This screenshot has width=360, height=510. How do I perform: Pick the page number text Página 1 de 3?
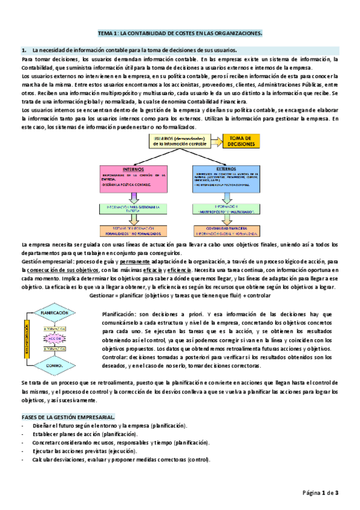pos(321,493)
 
